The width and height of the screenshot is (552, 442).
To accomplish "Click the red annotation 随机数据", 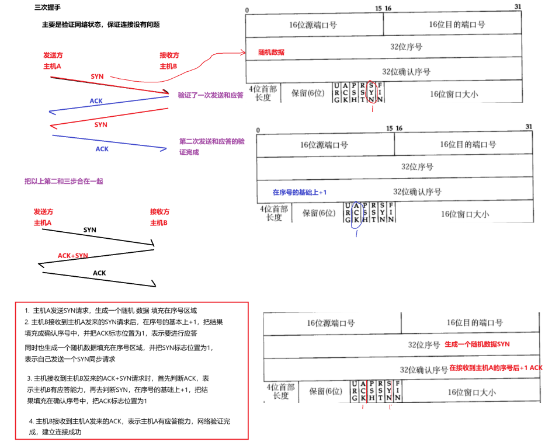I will [271, 52].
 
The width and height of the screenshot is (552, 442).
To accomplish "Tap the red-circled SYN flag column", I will [371, 93].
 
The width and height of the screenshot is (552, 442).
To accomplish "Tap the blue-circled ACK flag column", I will [355, 211].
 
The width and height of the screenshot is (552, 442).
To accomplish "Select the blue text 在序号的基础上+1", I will [300, 192].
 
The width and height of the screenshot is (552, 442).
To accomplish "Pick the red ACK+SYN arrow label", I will [73, 256].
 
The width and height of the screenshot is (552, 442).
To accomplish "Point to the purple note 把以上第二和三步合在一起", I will [64, 182].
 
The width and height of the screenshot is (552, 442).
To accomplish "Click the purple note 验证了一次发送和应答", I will [210, 95].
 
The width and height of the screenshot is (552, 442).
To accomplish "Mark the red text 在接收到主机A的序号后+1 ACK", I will [496, 368].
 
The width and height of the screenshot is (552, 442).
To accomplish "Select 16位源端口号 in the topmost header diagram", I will [313, 25].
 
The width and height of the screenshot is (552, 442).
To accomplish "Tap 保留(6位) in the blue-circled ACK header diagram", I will [318, 213].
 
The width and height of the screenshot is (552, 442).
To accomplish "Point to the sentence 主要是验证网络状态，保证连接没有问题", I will [101, 25].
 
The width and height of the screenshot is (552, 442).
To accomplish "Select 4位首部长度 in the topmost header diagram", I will [263, 93].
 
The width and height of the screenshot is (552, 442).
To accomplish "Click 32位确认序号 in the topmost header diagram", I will [406, 72].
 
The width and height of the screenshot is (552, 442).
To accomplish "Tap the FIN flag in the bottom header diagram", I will [397, 391].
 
